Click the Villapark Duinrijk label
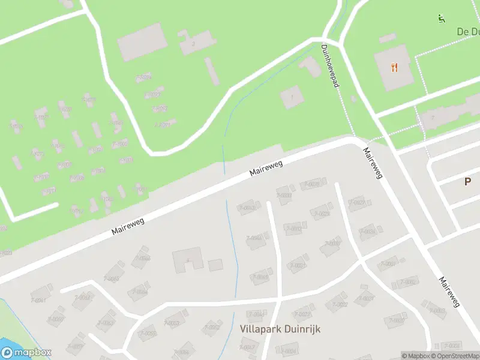280,329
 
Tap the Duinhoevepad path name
331,66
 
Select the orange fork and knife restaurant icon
394,67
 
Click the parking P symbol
467,181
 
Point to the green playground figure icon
442,18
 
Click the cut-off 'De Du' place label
467,32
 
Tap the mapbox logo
26,353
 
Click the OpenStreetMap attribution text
454,356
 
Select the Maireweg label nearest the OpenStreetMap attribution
449,292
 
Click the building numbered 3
193,44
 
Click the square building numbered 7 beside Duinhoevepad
292,97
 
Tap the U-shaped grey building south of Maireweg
188,261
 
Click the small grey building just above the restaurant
387,38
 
